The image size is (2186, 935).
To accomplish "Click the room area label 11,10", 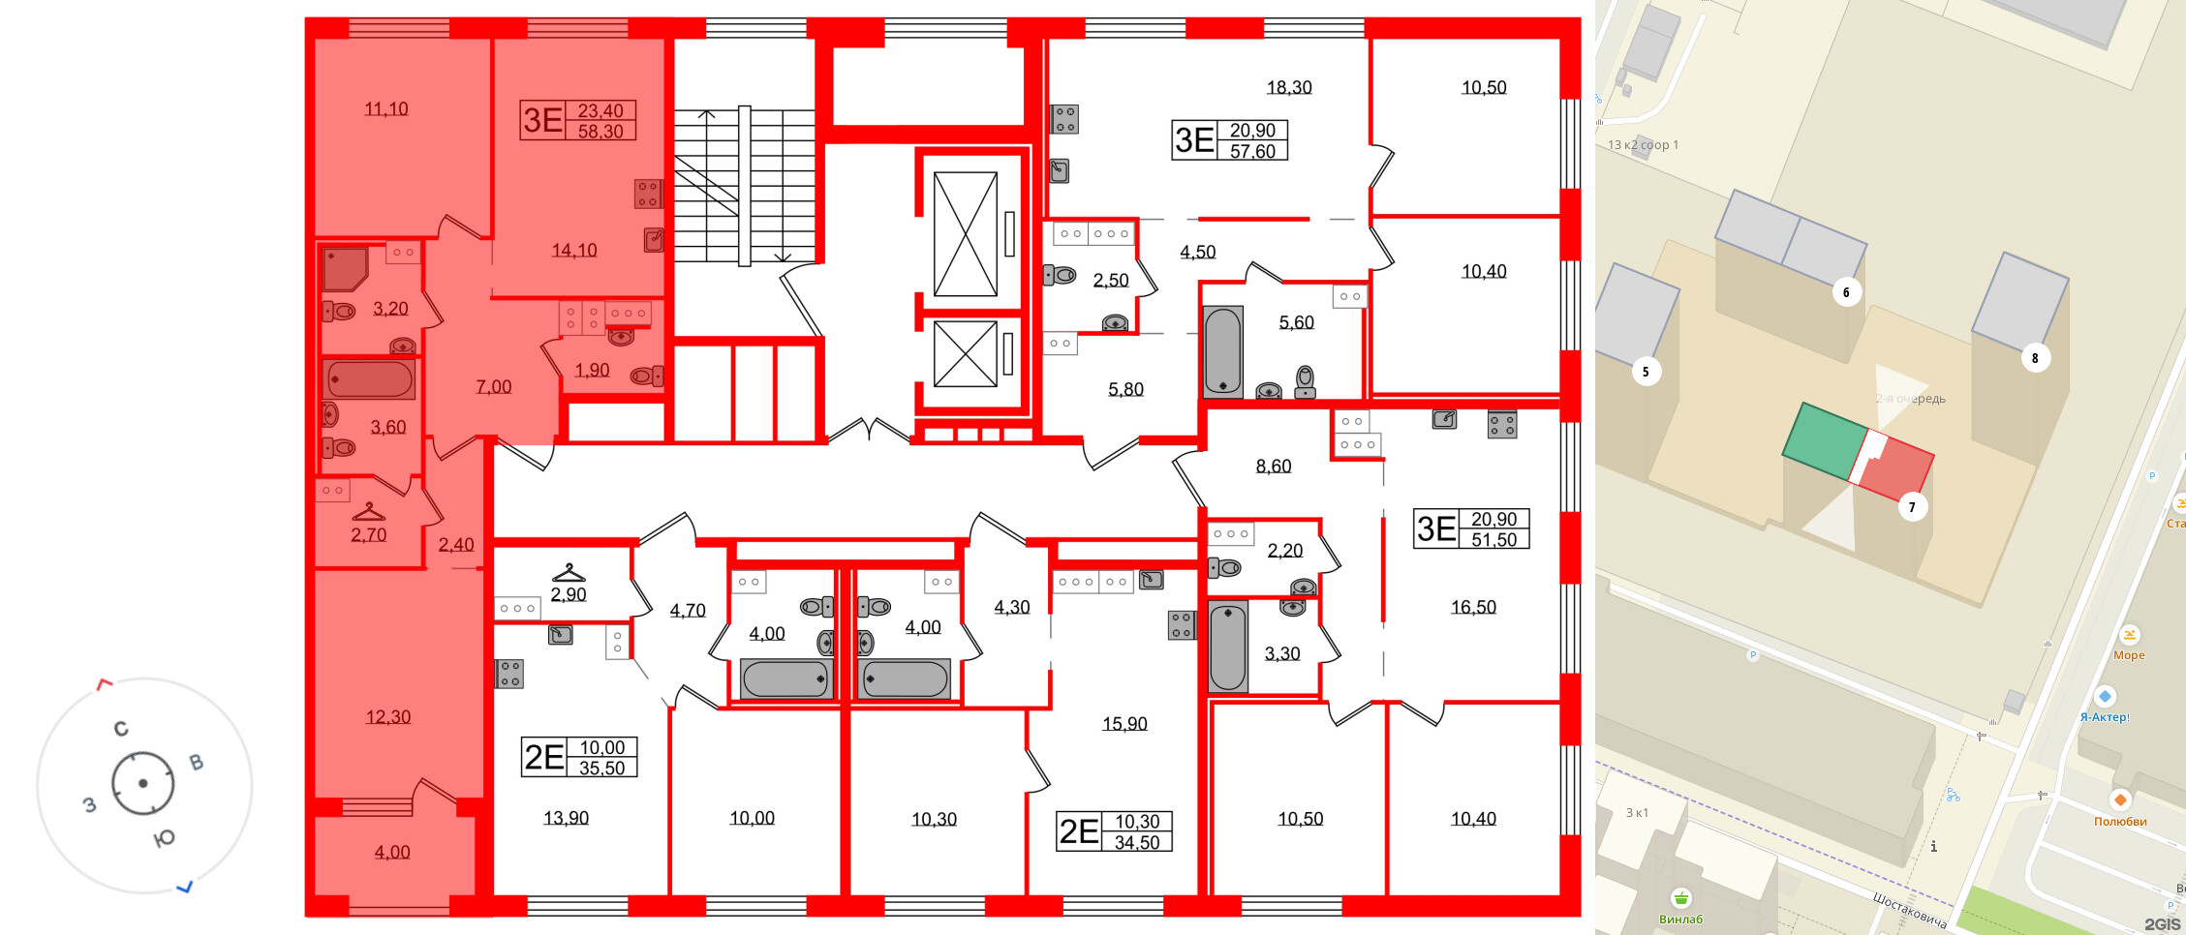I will [x=385, y=109].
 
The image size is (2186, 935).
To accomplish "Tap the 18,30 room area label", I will [x=1289, y=88].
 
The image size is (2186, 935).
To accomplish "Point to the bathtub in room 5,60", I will [x=1222, y=351].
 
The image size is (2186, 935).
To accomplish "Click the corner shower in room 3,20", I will [x=344, y=269].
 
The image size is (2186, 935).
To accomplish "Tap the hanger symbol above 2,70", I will [x=368, y=512].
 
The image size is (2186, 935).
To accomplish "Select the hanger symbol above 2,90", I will [x=569, y=572].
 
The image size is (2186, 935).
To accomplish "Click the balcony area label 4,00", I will [x=392, y=853].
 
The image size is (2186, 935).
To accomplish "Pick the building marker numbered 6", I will [x=1846, y=292].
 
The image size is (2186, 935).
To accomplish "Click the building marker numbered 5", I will [x=1645, y=371].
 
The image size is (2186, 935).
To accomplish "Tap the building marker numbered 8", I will [x=2034, y=358].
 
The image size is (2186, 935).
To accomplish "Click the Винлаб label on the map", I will [x=1680, y=919].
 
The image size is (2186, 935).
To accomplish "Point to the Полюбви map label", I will [x=2120, y=822].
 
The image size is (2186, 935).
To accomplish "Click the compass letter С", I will [x=121, y=729].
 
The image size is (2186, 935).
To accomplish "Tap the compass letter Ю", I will [x=165, y=838].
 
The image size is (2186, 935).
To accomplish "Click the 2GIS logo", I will [x=2162, y=924].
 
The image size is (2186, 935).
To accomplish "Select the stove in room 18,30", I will [x=1065, y=119].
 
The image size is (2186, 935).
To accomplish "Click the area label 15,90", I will [x=1124, y=724].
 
